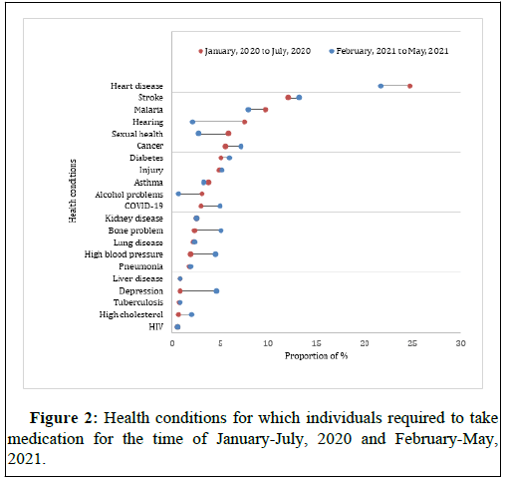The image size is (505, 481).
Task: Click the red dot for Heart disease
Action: pyautogui.click(x=409, y=86)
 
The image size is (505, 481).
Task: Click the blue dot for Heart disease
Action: pyautogui.click(x=380, y=86)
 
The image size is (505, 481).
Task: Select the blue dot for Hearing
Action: pyautogui.click(x=192, y=122)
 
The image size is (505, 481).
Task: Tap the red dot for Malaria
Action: pyautogui.click(x=265, y=110)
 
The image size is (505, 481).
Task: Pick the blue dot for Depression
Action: pyautogui.click(x=216, y=291)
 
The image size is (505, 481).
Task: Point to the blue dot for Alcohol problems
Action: pyautogui.click(x=178, y=194)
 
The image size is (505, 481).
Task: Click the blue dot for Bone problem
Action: pyautogui.click(x=221, y=231)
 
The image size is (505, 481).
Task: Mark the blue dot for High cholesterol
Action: pyautogui.click(x=191, y=314)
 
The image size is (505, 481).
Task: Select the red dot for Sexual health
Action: pyautogui.click(x=228, y=134)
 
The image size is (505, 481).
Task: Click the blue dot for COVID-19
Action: pyautogui.click(x=220, y=206)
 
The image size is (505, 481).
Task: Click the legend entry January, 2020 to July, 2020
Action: pyautogui.click(x=254, y=51)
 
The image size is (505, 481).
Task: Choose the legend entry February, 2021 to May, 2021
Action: pyautogui.click(x=388, y=51)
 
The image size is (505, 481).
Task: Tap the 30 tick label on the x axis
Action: pyautogui.click(x=460, y=343)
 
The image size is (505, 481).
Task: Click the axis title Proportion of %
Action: pyautogui.click(x=316, y=356)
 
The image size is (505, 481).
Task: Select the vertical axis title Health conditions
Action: pyautogui.click(x=73, y=191)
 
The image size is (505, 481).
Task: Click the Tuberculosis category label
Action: pyautogui.click(x=138, y=302)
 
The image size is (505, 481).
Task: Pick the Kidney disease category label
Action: pyautogui.click(x=133, y=219)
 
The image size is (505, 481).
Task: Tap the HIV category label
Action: pyautogui.click(x=156, y=326)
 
